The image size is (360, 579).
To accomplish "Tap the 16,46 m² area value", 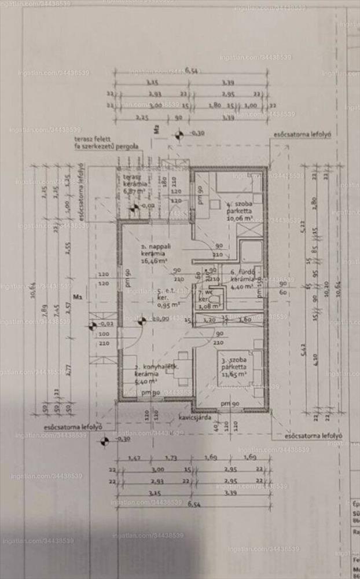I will pos(155,261).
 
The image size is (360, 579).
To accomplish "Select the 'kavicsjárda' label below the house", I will pos(193,417).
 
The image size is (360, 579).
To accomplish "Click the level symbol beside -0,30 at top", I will pos(179,135).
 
